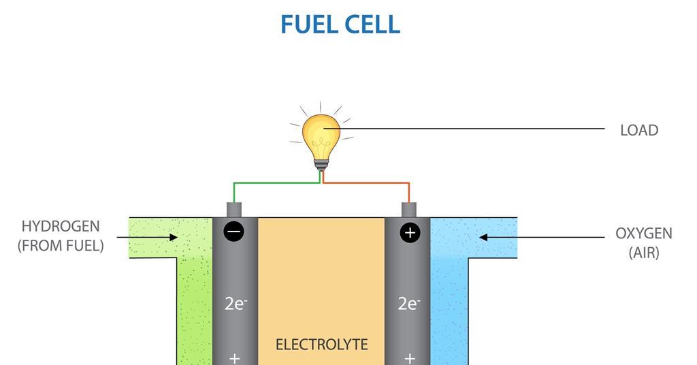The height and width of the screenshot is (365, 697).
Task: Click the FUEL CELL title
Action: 340,25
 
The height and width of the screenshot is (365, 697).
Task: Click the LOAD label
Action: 638,130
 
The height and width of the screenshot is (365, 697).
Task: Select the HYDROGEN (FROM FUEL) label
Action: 61,236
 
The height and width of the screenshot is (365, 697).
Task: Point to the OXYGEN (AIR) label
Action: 643,243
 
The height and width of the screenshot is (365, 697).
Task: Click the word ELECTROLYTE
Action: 321,345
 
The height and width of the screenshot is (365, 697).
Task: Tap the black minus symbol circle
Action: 233,232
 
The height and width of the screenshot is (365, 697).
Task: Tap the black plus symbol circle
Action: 410,233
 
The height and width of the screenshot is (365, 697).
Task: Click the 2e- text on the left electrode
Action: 235,304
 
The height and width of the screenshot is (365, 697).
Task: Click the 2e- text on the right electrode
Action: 408,304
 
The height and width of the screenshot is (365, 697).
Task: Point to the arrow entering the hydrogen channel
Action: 146,238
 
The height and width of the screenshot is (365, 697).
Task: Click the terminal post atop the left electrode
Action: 234,209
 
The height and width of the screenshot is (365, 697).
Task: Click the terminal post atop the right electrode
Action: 409,209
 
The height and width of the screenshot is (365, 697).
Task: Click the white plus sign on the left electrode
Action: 234,358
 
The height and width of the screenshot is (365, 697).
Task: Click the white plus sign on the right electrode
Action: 409,358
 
